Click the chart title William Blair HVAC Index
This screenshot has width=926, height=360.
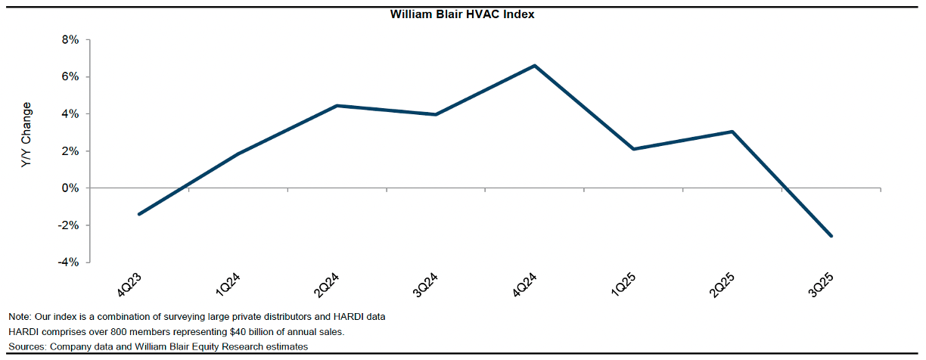(x=462, y=14)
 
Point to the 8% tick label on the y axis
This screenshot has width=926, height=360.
(x=70, y=40)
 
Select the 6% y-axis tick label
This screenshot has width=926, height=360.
(x=70, y=77)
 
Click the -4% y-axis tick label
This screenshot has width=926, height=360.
(x=67, y=262)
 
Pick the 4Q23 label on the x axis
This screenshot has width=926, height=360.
(x=127, y=287)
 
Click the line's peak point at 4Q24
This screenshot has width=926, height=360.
(x=535, y=66)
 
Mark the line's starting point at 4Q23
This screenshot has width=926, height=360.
(x=139, y=214)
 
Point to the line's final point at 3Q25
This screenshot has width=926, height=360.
(x=831, y=236)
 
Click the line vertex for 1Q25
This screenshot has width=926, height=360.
(x=633, y=149)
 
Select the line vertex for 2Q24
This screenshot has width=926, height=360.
(x=337, y=106)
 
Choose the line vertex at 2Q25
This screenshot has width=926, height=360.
(x=732, y=132)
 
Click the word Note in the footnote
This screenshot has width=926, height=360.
(x=20, y=316)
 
